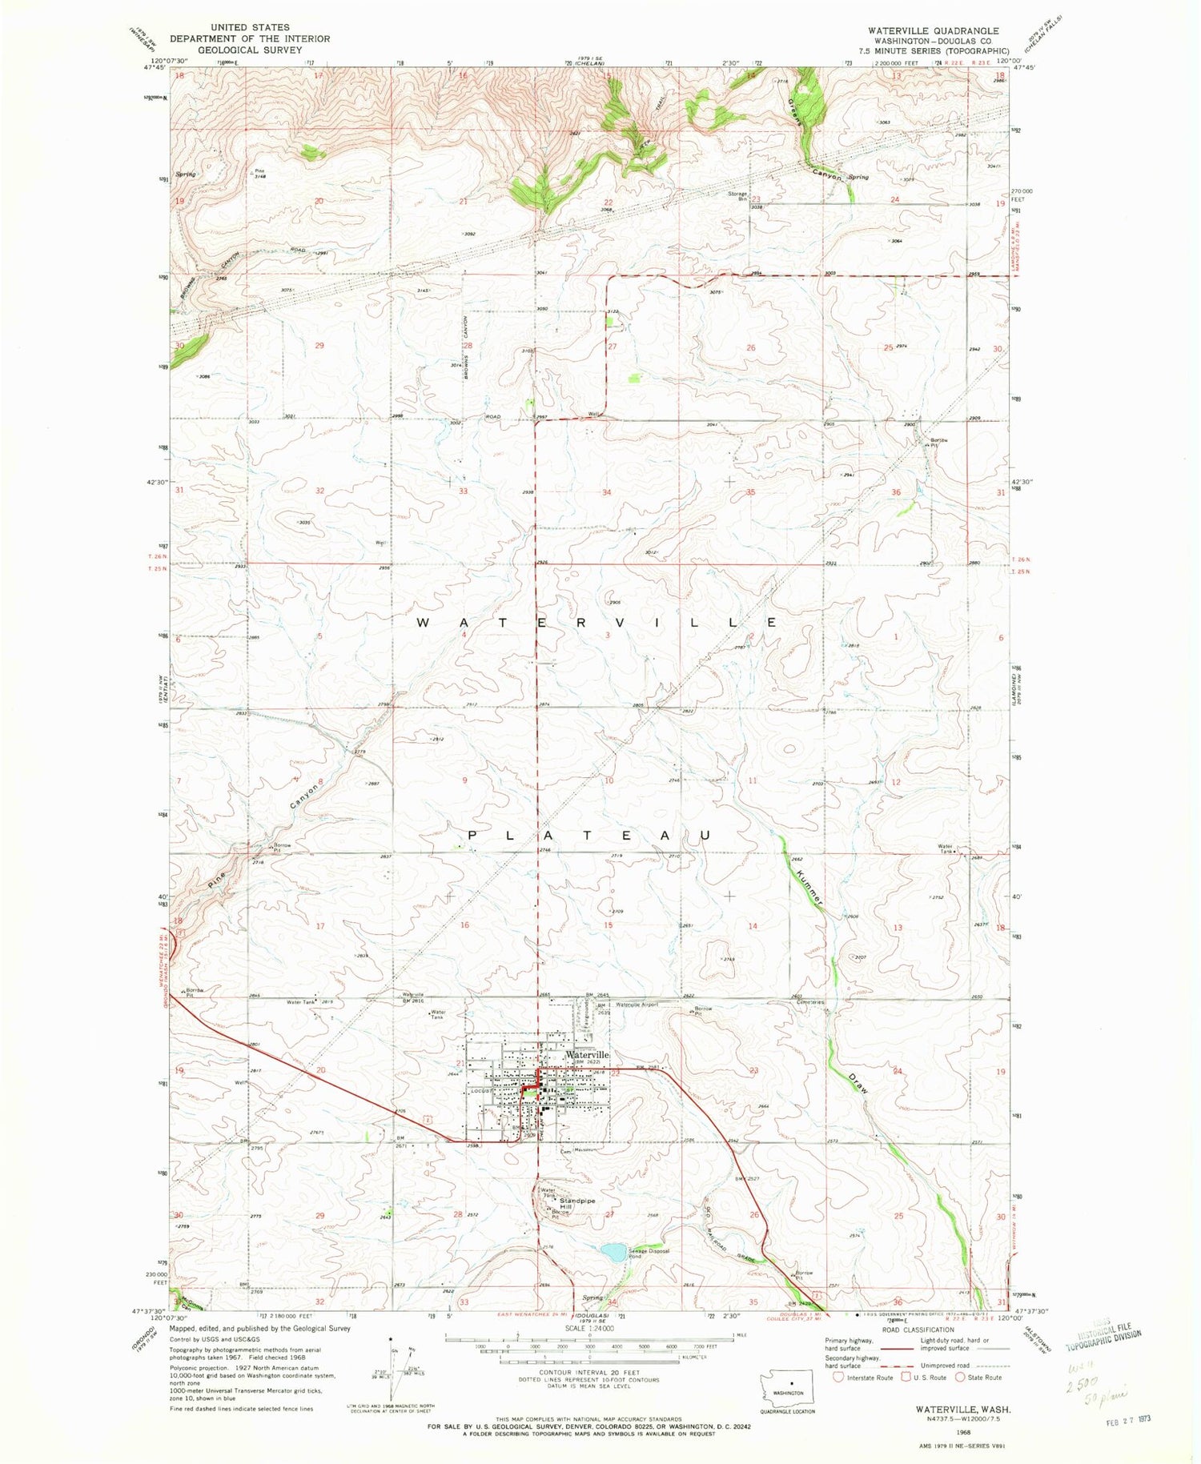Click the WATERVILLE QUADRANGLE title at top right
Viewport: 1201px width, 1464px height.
pos(934,30)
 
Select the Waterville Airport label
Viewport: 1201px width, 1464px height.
pos(637,1005)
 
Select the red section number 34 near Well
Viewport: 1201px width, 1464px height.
pos(607,492)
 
